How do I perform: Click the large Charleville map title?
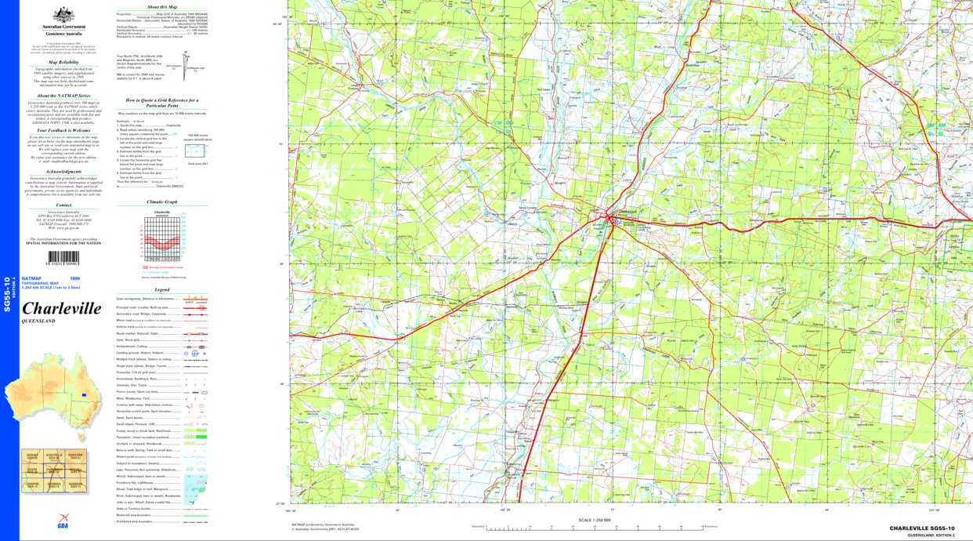point(62,309)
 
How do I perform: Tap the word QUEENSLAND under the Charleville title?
point(38,322)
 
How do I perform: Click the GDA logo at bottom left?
point(62,525)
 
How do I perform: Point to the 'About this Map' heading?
point(162,6)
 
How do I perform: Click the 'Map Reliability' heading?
point(64,61)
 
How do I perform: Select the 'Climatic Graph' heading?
point(161,202)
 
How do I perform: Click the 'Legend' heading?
point(161,290)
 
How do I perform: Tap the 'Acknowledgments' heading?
point(63,171)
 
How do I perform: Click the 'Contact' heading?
point(63,205)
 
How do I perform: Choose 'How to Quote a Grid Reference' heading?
point(162,101)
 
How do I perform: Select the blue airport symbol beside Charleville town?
point(617,222)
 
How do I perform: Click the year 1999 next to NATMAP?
point(74,278)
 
